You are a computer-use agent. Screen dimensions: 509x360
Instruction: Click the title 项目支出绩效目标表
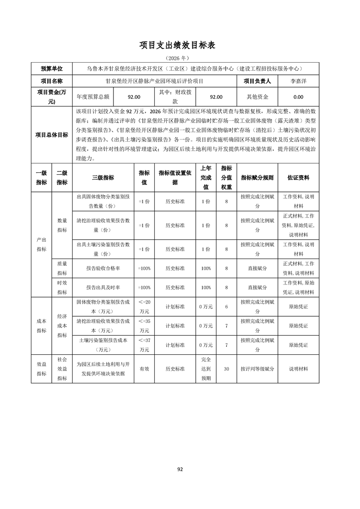[x=180, y=45]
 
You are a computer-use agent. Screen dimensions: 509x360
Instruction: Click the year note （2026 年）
[x=180, y=59]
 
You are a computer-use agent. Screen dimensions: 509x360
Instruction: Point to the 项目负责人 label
[x=257, y=81]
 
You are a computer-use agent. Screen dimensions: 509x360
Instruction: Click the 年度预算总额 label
[x=93, y=97]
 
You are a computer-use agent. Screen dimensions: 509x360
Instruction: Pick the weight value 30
[x=226, y=369]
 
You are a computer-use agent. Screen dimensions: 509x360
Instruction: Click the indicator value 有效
[x=144, y=369]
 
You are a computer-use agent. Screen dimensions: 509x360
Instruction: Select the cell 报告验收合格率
[x=103, y=269]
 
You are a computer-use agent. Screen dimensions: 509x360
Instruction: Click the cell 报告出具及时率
[x=103, y=288]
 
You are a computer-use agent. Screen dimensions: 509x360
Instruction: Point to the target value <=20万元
[x=144, y=307]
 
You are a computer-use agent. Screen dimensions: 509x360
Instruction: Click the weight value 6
[x=226, y=307]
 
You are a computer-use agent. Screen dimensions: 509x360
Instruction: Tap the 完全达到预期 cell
[x=206, y=369]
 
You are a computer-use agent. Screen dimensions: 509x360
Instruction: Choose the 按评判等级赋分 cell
[x=257, y=369]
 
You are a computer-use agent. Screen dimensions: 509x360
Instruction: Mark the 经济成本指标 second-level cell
[x=62, y=326]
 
